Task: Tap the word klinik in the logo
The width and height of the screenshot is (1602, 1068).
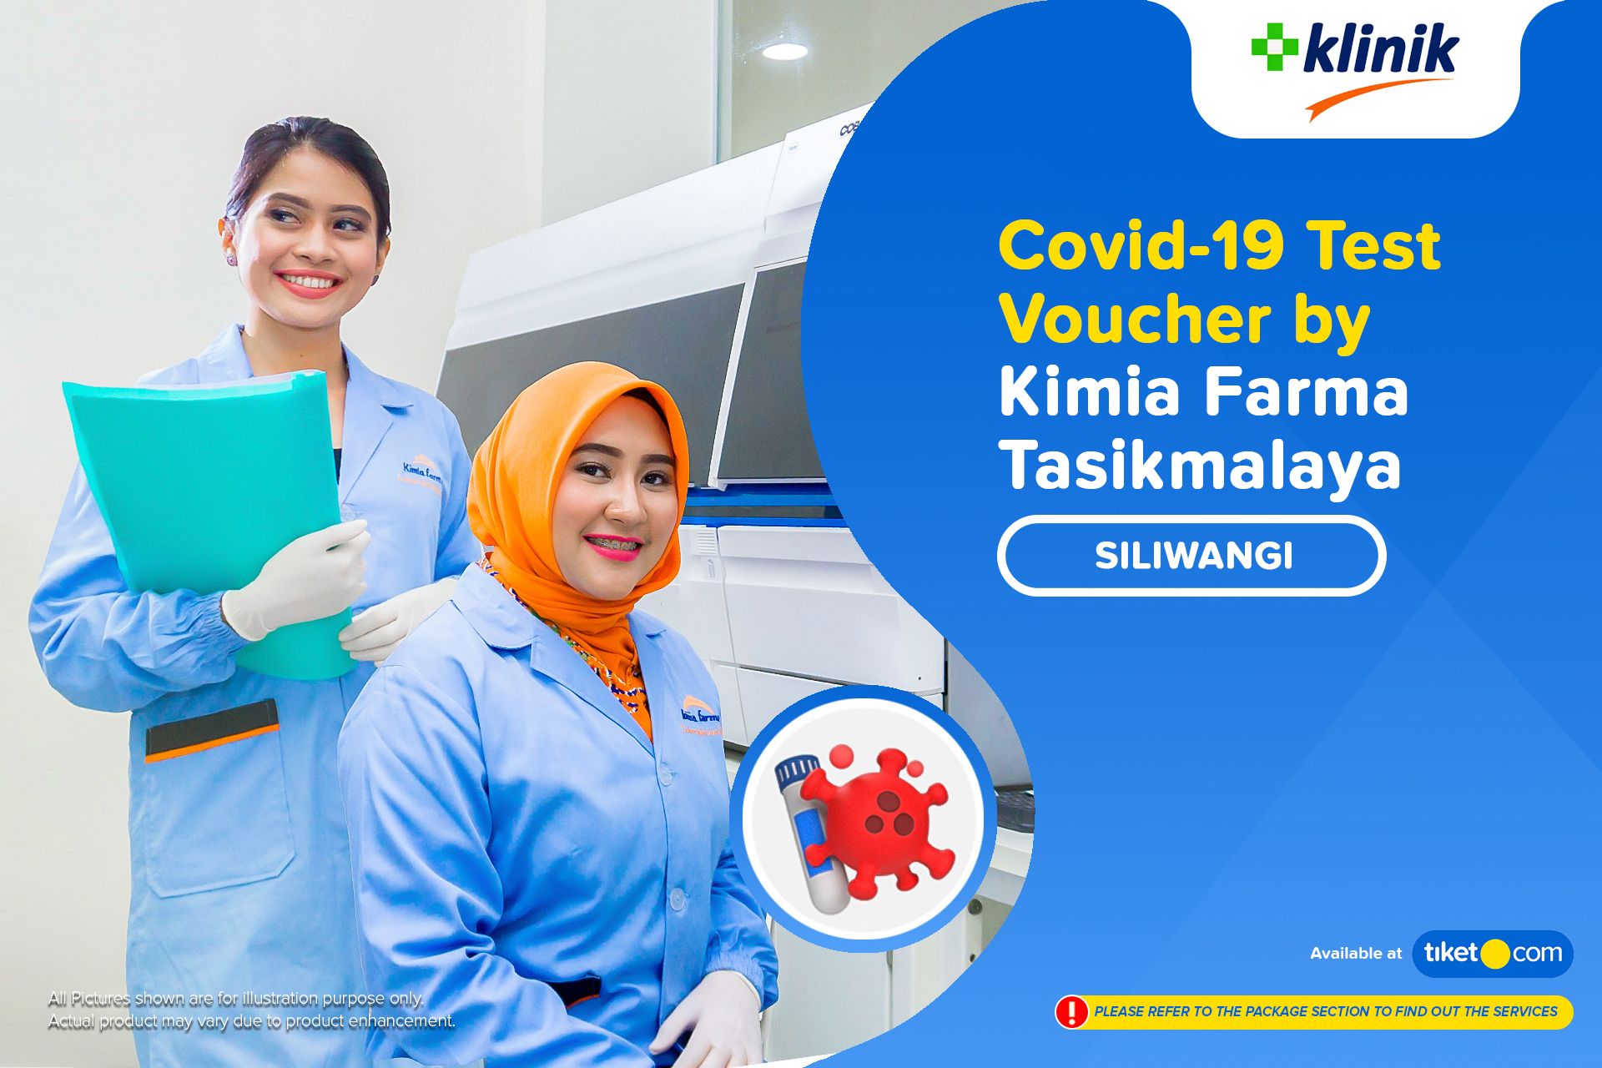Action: (x=1380, y=51)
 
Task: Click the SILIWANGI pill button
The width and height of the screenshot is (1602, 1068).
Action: (x=1191, y=556)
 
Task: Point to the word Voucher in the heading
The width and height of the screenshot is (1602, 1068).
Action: (x=1135, y=320)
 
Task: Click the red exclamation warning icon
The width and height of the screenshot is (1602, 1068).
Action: (x=1071, y=1011)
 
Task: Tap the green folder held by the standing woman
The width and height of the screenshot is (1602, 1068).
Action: (x=209, y=501)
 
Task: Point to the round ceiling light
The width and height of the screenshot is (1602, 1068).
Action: (x=785, y=51)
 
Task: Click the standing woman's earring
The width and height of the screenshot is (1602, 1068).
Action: (x=231, y=258)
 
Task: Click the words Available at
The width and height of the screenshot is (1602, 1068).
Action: (x=1356, y=954)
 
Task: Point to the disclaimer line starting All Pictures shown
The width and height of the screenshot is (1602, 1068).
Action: (x=235, y=999)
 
